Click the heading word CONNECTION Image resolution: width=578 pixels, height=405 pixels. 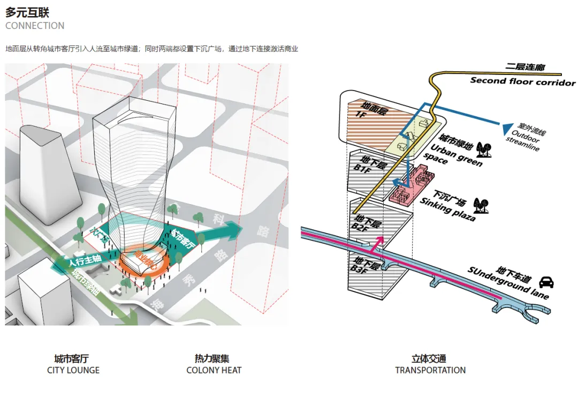point(35,26)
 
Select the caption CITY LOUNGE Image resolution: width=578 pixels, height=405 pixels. point(73,370)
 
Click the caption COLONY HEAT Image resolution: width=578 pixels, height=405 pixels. point(214,370)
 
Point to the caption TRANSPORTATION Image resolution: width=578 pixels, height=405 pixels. point(430,370)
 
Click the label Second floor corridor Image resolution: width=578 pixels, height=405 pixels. point(522,81)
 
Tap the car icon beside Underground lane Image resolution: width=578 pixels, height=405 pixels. point(546,282)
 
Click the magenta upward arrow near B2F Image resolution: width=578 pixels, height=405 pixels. point(381,243)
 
